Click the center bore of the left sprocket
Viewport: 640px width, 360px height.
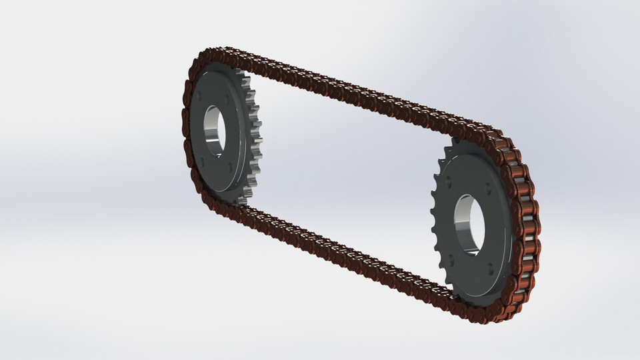pyautogui.click(x=215, y=127)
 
